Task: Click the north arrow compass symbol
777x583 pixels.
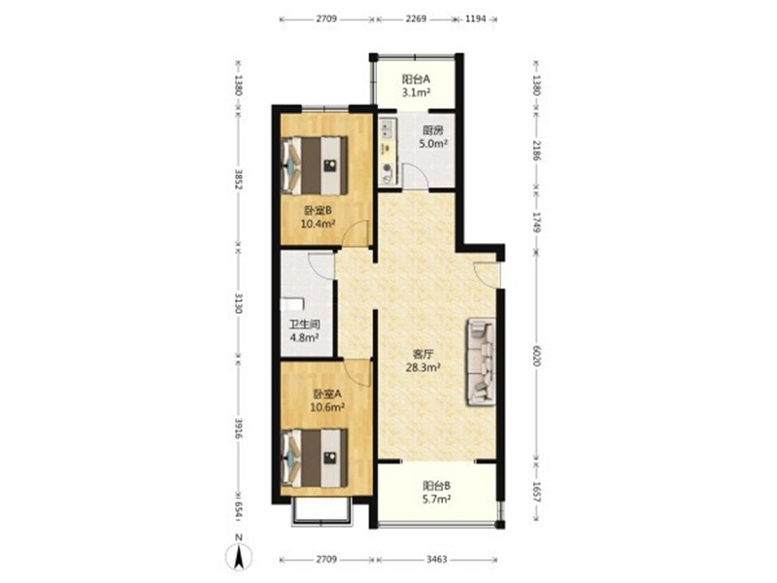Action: click(238, 556)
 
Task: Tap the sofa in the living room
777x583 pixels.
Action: click(480, 361)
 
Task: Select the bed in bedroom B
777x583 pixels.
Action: click(314, 165)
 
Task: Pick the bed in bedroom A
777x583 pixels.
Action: click(314, 458)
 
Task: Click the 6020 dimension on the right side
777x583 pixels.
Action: click(537, 356)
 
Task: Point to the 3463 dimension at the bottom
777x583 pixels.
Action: click(436, 560)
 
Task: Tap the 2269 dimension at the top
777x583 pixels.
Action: click(417, 19)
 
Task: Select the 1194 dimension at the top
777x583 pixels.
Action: click(475, 19)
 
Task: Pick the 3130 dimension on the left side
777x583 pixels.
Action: click(238, 303)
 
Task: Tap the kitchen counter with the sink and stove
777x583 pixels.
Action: click(388, 151)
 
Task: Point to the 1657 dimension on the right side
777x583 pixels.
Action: click(537, 492)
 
